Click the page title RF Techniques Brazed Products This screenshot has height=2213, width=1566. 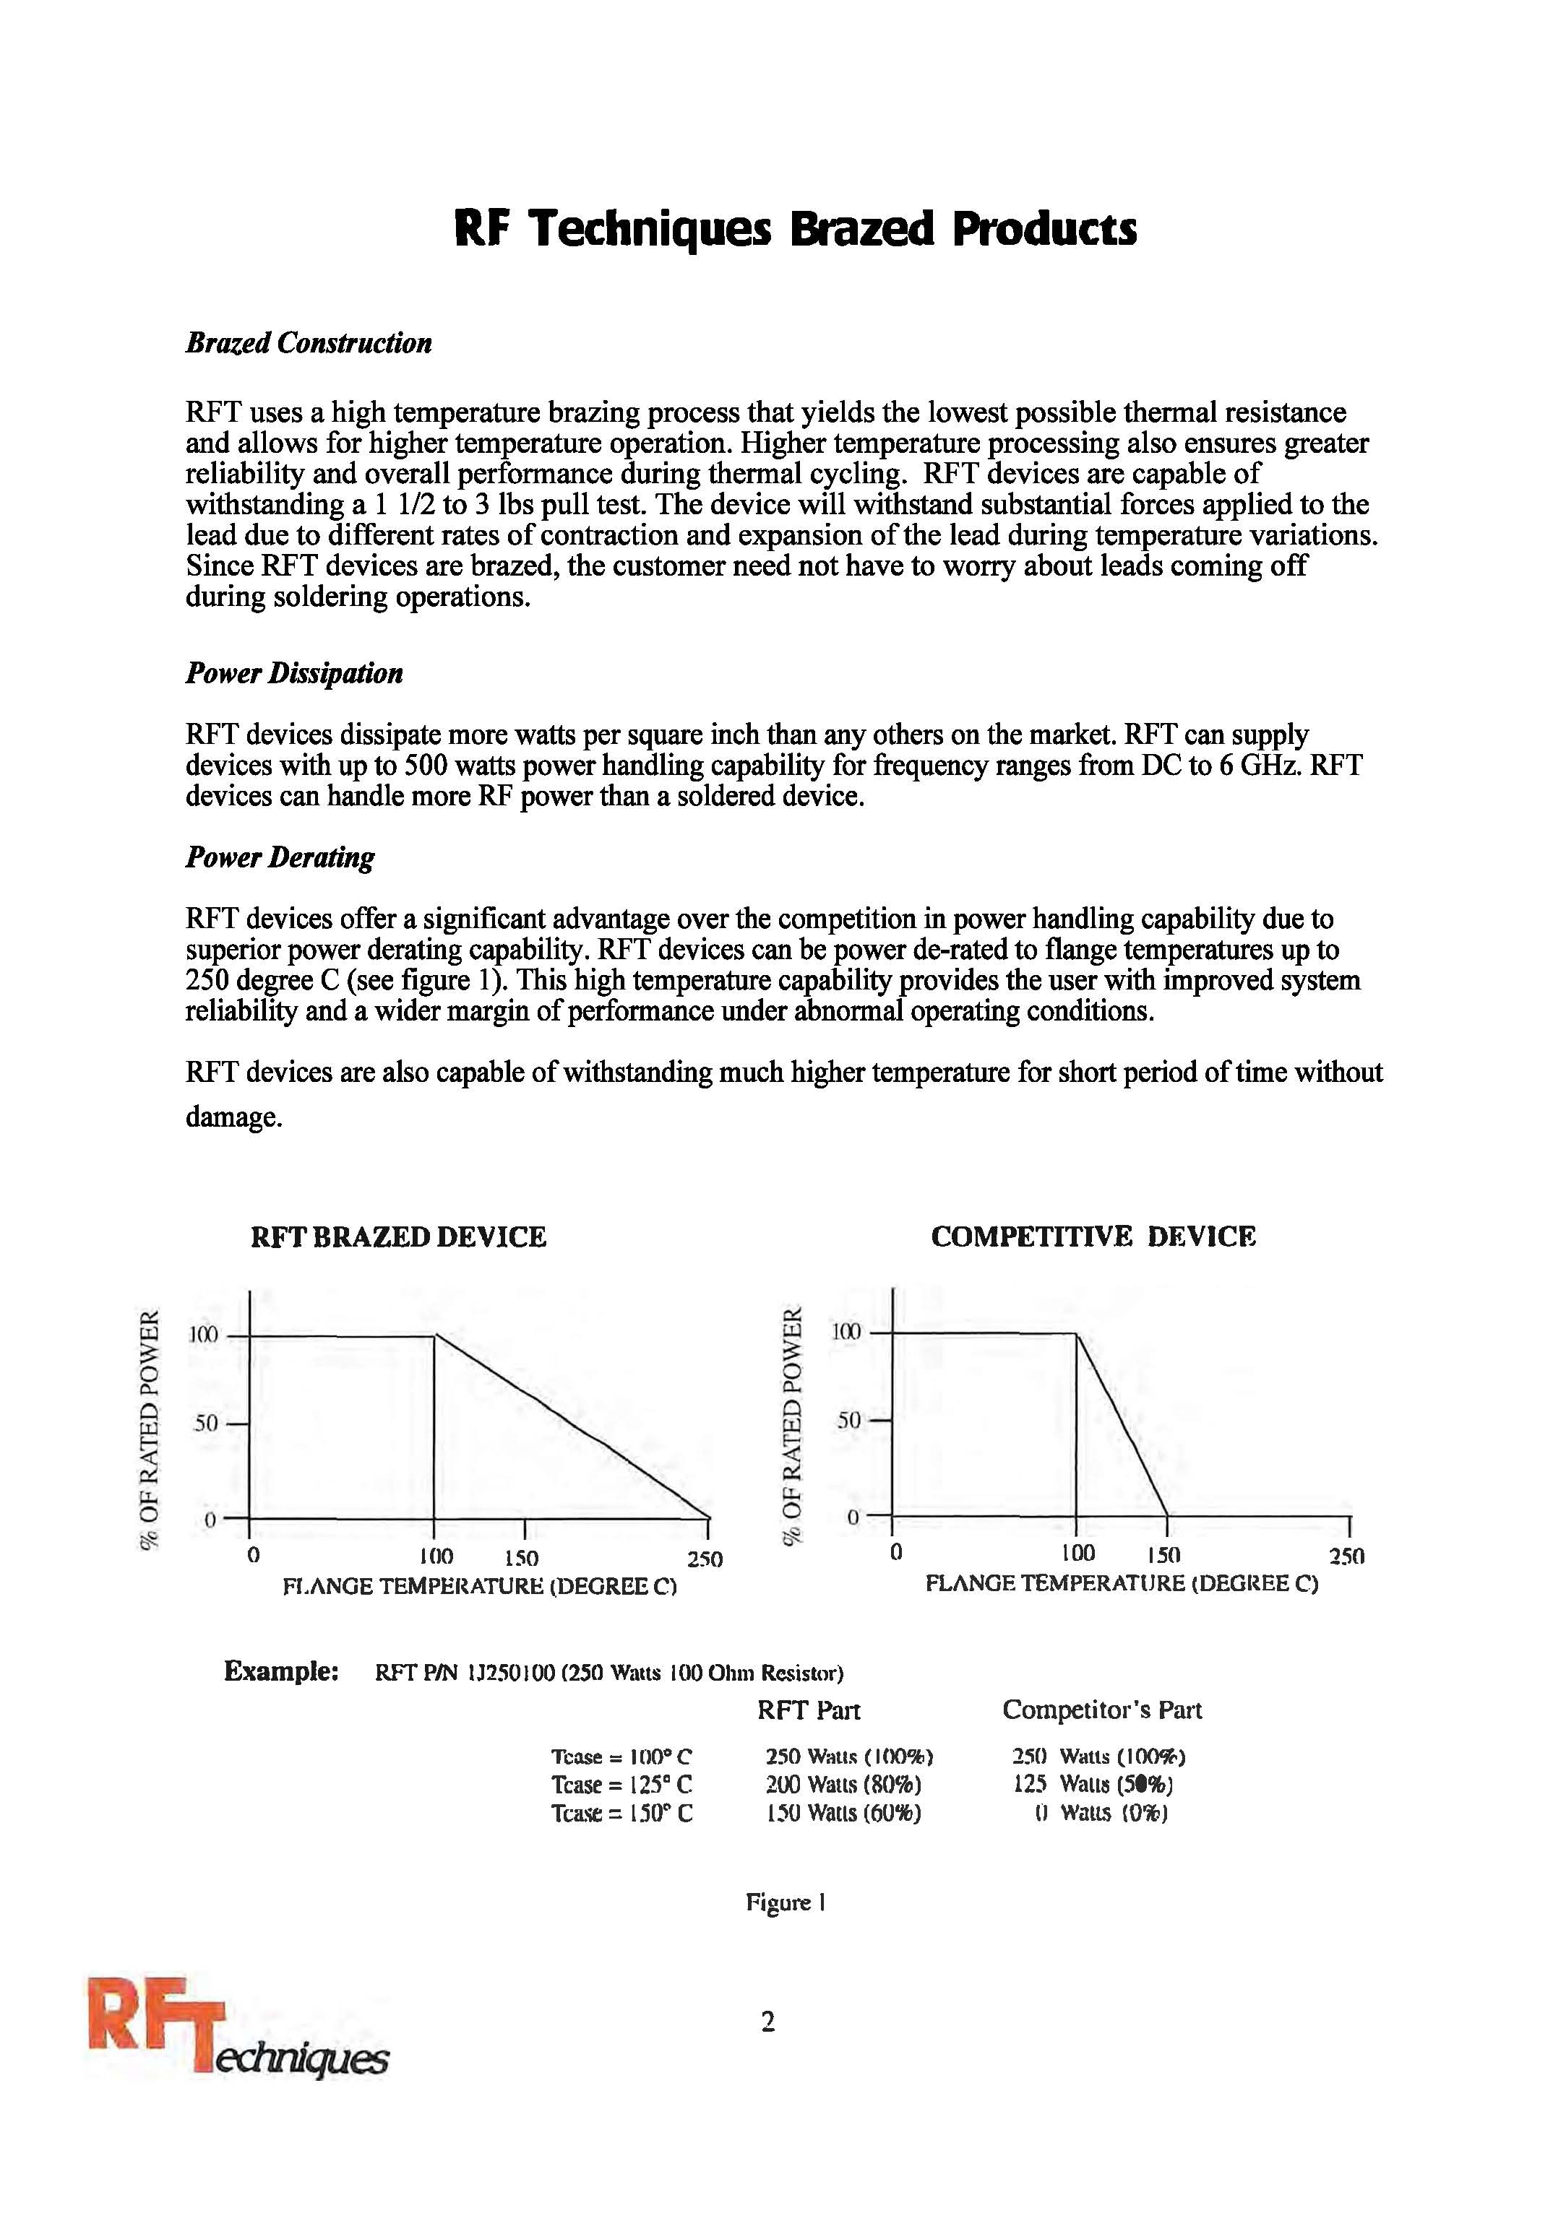[795, 230]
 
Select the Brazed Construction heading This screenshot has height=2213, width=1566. [309, 343]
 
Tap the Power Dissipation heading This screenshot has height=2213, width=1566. [294, 672]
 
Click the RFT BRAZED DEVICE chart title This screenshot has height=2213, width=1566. [398, 1237]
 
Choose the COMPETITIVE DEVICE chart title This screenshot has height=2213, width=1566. [1093, 1237]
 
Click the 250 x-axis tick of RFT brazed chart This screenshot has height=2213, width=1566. [705, 1559]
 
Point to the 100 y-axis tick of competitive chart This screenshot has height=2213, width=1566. [846, 1332]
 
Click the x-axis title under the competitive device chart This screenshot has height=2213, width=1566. [1121, 1582]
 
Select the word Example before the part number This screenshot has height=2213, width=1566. [280, 1671]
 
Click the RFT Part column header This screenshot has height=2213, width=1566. [808, 1710]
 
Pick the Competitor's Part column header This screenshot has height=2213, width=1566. [1101, 1710]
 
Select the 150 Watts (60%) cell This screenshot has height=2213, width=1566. [843, 1813]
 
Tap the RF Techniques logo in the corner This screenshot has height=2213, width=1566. [236, 2043]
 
